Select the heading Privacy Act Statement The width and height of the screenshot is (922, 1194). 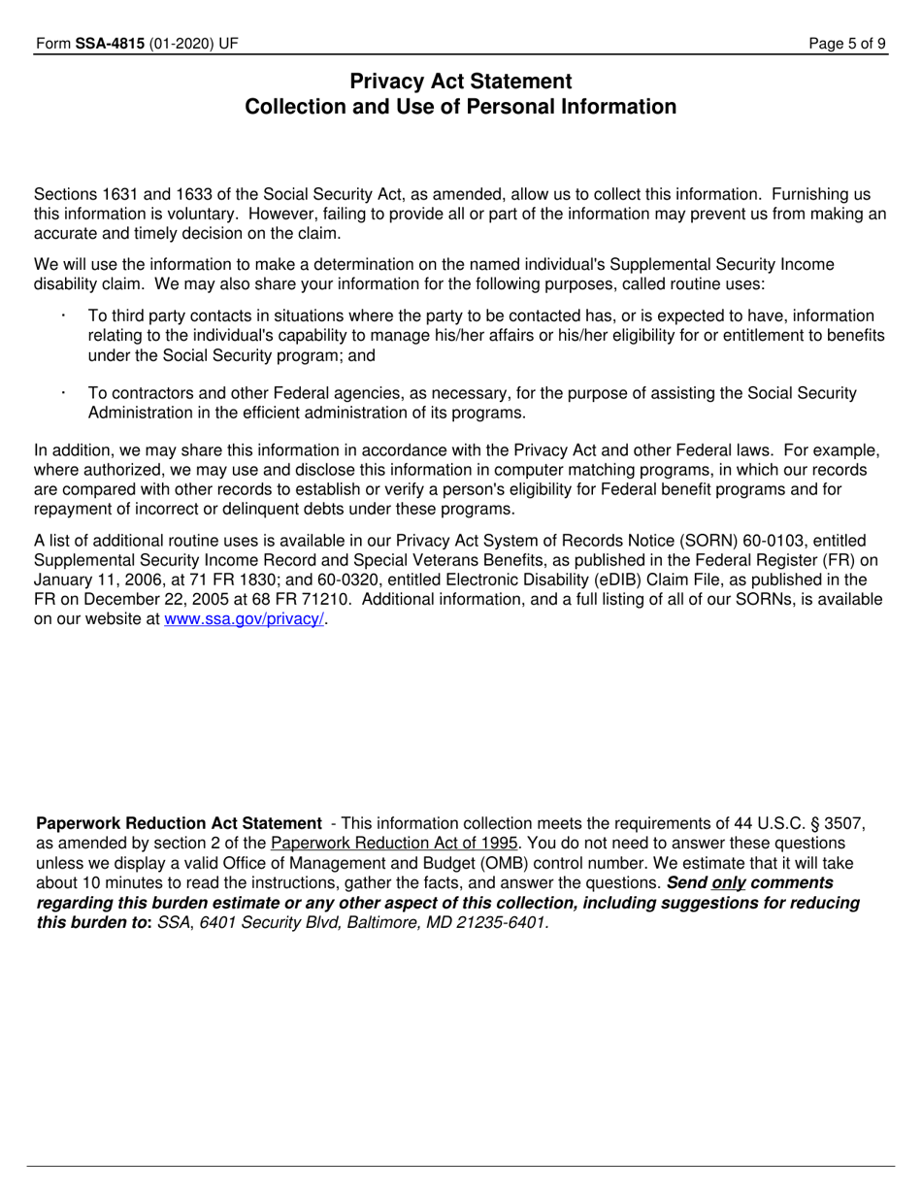tap(460, 82)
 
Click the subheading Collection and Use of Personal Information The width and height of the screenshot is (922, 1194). tap(460, 107)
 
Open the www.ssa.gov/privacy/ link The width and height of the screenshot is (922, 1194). tap(245, 618)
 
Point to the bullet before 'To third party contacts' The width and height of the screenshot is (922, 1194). tap(63, 315)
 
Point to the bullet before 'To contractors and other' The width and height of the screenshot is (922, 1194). tap(63, 392)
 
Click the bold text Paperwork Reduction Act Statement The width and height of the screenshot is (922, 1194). tap(179, 823)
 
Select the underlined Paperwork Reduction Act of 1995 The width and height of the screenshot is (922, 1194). tap(394, 843)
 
